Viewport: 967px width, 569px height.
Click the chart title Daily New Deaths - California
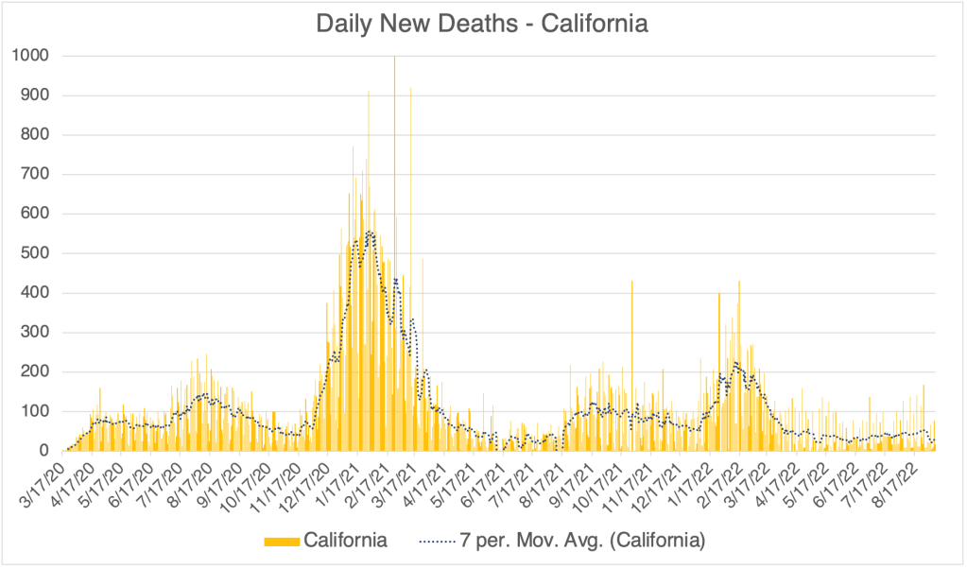tap(482, 24)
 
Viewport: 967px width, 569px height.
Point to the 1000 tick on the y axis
tap(30, 56)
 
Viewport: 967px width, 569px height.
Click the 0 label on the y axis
tap(43, 451)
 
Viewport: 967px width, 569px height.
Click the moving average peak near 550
tap(369, 233)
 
